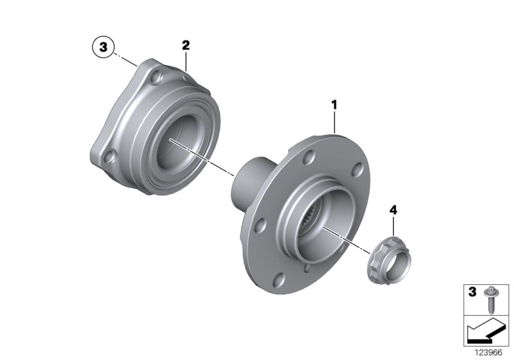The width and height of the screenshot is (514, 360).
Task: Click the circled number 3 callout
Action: click(x=103, y=46)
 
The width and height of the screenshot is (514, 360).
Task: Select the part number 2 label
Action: click(x=186, y=45)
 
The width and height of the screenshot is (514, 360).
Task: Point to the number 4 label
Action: click(x=393, y=210)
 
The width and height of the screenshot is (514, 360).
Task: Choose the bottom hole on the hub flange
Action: click(x=279, y=277)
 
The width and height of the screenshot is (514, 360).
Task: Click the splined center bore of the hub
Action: click(x=319, y=225)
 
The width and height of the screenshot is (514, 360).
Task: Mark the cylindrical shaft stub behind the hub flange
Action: click(x=248, y=183)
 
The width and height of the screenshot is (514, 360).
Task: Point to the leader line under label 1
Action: click(x=335, y=122)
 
